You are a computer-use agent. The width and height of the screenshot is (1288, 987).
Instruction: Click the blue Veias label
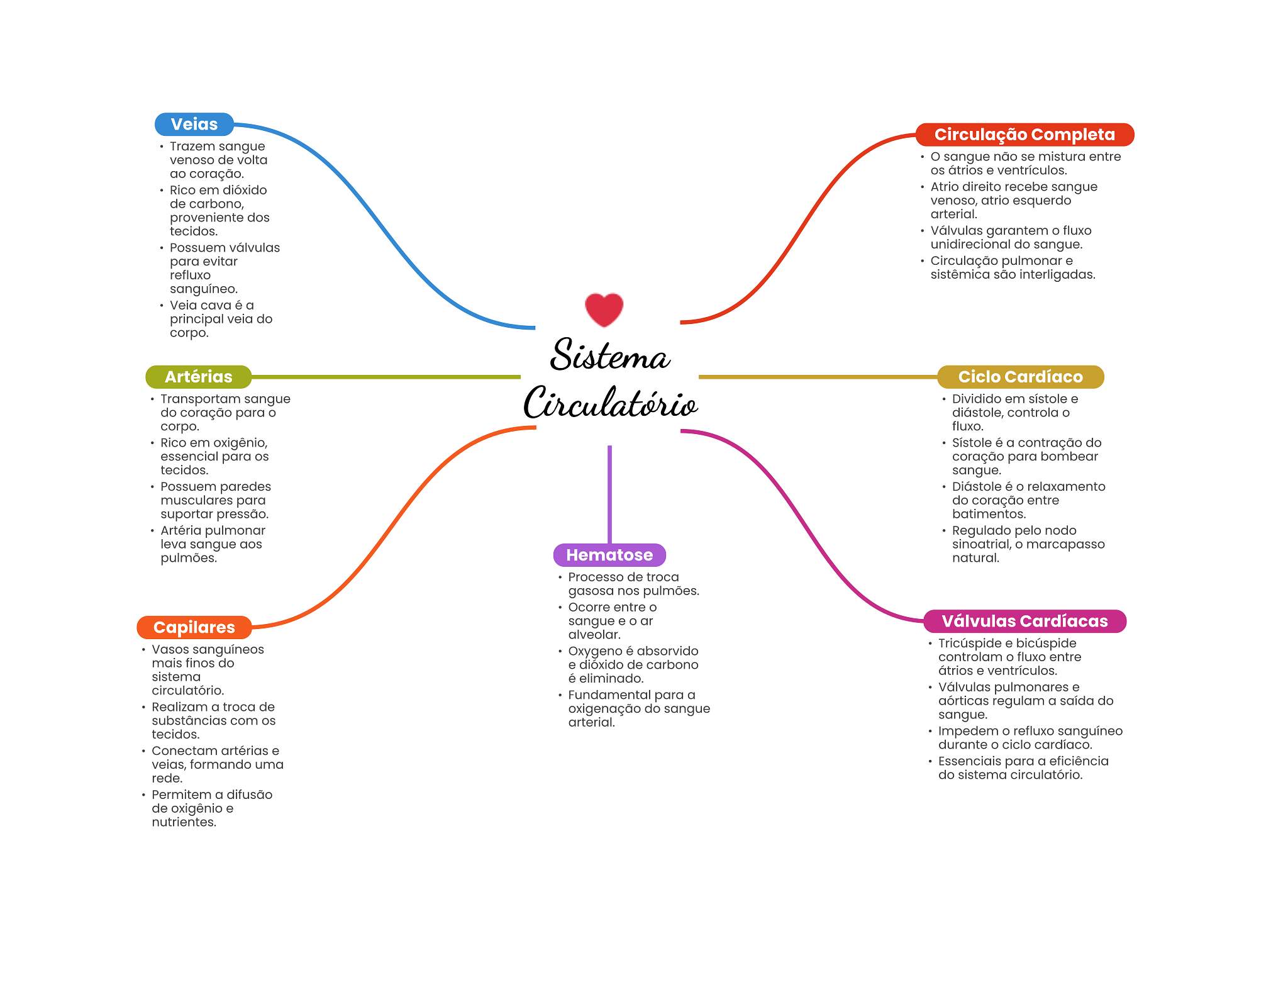[194, 125]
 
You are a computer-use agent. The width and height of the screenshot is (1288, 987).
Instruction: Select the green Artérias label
[199, 377]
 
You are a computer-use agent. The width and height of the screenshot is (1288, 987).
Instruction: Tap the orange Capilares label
[194, 627]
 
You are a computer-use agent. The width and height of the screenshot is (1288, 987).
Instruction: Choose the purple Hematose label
[609, 555]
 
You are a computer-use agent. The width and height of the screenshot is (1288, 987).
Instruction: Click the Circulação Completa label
[1024, 135]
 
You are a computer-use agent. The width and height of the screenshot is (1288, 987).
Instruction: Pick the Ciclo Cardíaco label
[1021, 377]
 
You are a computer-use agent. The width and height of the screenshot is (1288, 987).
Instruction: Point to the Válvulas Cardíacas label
[1025, 621]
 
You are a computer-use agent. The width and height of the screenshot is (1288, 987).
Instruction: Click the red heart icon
[604, 309]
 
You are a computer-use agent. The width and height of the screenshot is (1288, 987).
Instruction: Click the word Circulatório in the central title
[611, 402]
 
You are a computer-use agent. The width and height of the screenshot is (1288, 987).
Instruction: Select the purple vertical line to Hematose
[609, 494]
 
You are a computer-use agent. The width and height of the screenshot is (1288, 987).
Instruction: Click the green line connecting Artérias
[386, 377]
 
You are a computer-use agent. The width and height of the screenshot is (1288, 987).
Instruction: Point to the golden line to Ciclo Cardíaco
[818, 377]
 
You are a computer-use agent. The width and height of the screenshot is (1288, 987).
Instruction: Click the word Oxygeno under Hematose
[595, 651]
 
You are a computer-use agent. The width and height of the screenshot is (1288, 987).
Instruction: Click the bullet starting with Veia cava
[221, 319]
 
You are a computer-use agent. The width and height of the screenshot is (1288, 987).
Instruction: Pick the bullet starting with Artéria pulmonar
[213, 544]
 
